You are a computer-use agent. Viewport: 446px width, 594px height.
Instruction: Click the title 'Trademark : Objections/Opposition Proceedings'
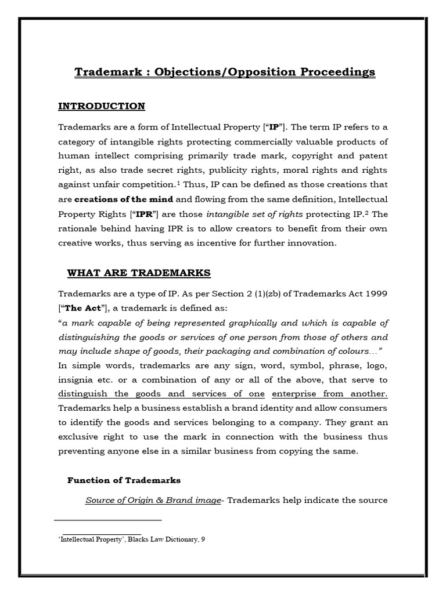(x=225, y=72)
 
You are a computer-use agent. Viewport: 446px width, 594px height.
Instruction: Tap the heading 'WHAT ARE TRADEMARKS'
(x=139, y=273)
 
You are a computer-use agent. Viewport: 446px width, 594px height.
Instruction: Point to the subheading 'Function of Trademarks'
(x=124, y=480)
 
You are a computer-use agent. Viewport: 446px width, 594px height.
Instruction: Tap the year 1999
(x=376, y=294)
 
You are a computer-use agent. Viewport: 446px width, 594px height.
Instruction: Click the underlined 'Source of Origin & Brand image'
(x=153, y=499)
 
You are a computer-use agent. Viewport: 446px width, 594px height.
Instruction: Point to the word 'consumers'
(x=365, y=408)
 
